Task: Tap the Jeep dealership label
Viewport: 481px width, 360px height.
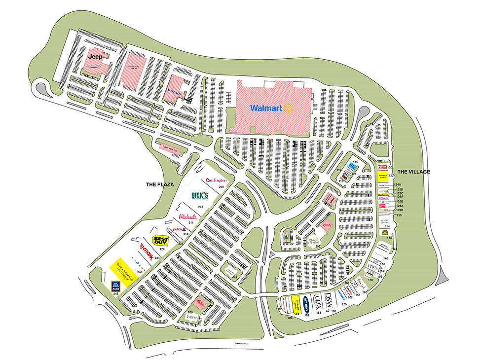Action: click(95, 57)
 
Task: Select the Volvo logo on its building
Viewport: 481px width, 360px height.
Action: click(175, 93)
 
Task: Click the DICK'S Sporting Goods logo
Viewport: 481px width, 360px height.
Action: click(200, 196)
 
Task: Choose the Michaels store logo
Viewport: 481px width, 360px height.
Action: click(188, 216)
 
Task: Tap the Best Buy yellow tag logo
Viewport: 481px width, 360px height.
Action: click(161, 240)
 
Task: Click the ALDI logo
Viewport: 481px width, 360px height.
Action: click(115, 287)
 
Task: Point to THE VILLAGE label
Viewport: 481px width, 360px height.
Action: click(414, 172)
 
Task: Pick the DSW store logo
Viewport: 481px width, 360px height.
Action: click(330, 298)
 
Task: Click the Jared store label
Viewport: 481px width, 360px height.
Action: click(191, 318)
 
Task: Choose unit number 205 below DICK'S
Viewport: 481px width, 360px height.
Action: click(200, 207)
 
